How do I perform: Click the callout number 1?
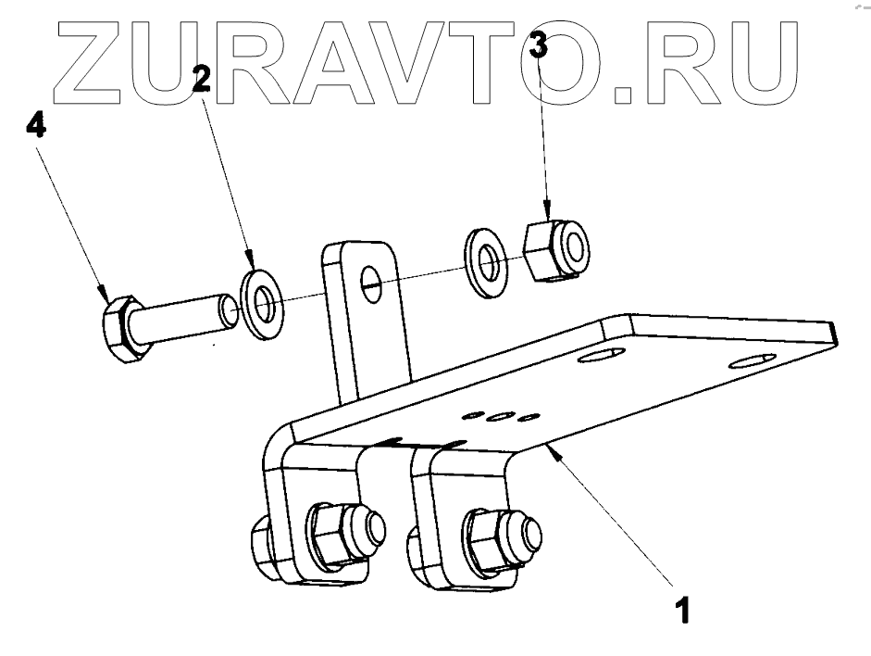point(682,612)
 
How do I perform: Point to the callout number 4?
point(35,126)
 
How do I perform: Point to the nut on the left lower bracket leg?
point(332,535)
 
